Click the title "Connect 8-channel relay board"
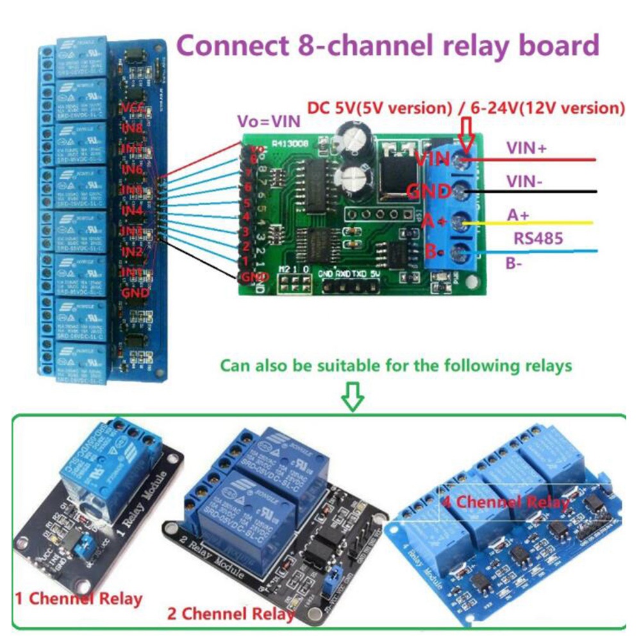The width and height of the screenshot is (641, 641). click(388, 46)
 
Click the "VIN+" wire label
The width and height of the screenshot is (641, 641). click(526, 148)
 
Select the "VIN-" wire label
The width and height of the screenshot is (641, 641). click(525, 181)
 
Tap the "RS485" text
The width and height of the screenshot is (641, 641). click(538, 239)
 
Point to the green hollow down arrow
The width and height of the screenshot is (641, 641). click(353, 397)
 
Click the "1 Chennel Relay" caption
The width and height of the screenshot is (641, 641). click(78, 599)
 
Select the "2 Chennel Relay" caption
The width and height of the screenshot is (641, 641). click(231, 613)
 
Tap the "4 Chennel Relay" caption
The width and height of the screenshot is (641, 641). click(505, 501)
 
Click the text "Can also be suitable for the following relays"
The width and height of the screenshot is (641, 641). click(395, 366)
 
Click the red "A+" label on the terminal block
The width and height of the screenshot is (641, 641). click(433, 222)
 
